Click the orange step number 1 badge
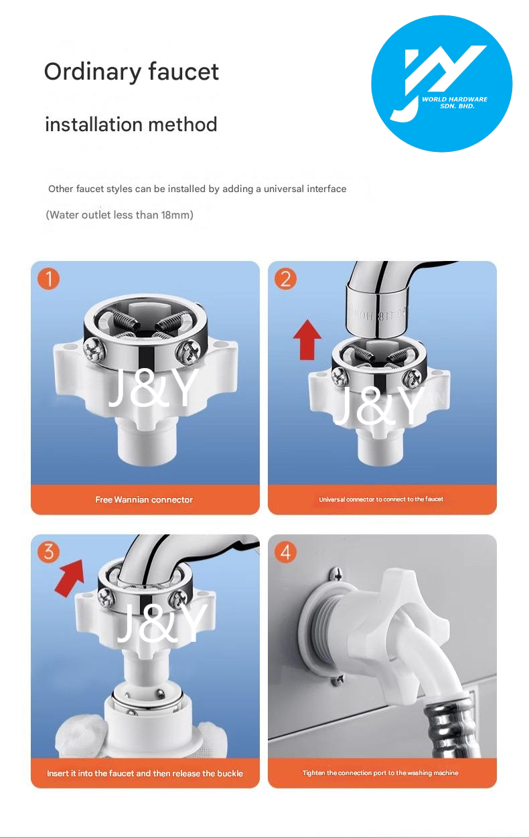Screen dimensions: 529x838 click(49, 278)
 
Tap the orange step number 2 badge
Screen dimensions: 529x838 click(286, 278)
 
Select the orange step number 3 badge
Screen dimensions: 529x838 click(49, 552)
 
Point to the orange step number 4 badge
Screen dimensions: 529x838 click(286, 552)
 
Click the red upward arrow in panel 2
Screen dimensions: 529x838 click(307, 339)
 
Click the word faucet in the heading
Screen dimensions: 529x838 click(183, 72)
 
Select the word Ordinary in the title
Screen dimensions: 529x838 click(93, 72)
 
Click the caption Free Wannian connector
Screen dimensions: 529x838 click(144, 500)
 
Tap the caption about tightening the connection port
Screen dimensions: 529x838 click(380, 773)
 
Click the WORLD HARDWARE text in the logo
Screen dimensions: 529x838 click(455, 99)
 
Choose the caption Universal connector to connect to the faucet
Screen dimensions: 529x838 click(381, 499)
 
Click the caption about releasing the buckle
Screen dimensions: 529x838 click(145, 773)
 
